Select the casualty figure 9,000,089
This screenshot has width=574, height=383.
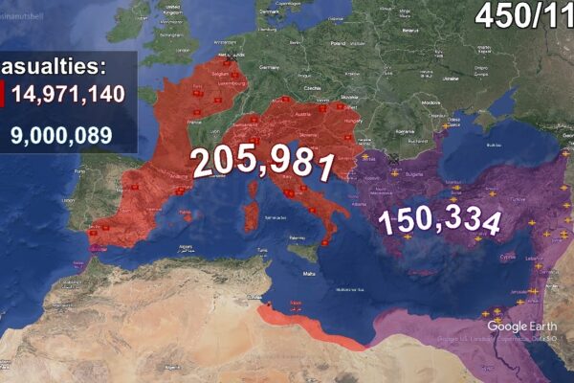pos(61,136)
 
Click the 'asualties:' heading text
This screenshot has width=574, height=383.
pos(54,66)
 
